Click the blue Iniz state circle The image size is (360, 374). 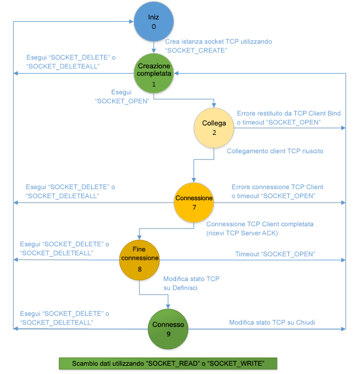[154, 22]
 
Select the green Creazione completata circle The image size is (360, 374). [154, 74]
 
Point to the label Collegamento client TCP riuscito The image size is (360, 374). [275, 151]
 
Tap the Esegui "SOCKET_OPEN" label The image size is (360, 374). [121, 97]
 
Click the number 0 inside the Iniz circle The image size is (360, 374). [154, 27]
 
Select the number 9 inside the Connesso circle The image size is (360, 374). [169, 334]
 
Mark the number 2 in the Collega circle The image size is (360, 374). [214, 133]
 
